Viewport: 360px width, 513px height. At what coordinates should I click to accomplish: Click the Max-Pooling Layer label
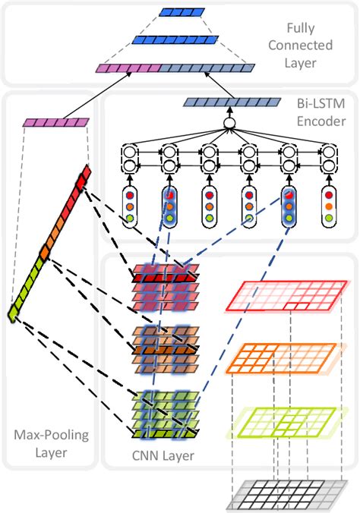tap(50, 443)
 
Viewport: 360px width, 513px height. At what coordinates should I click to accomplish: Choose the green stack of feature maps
tap(159, 414)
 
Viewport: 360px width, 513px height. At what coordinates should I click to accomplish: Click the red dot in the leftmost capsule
tap(134, 195)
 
